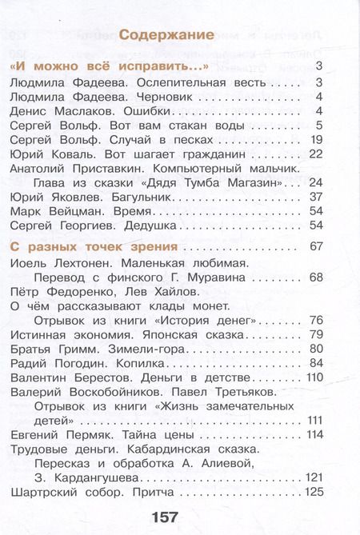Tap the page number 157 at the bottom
pyautogui.click(x=159, y=515)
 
